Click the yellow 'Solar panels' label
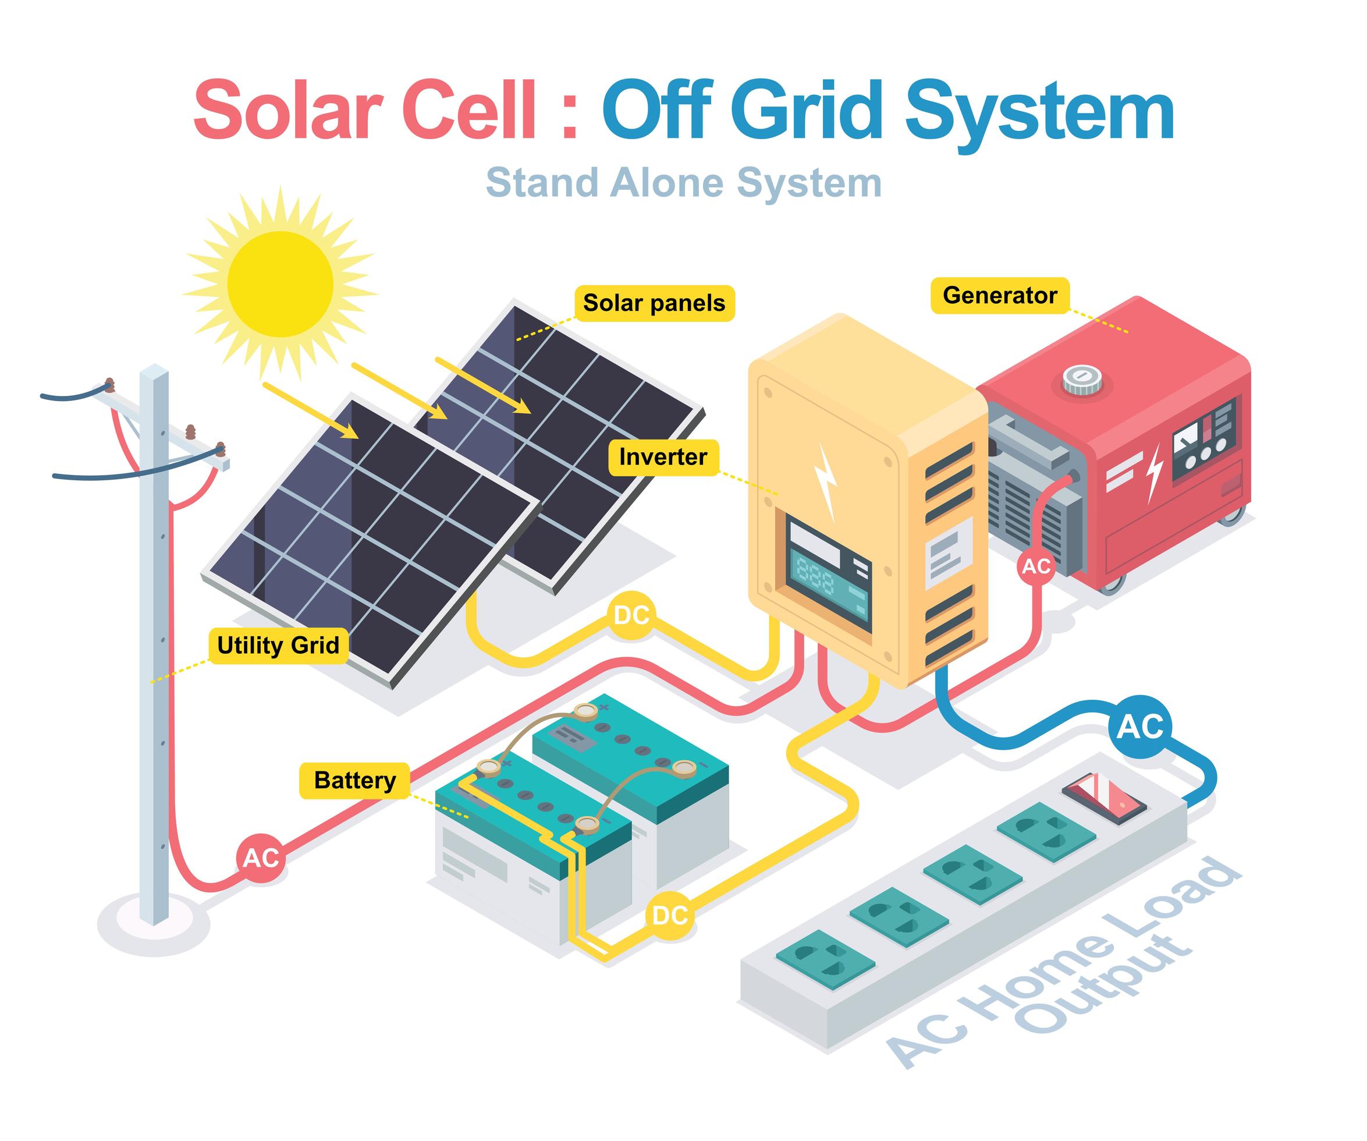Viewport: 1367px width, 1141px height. [654, 303]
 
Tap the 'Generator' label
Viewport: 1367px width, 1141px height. [1000, 296]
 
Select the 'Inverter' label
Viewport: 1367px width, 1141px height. [663, 457]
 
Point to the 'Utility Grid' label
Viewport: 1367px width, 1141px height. [278, 646]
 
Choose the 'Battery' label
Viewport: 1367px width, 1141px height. [355, 780]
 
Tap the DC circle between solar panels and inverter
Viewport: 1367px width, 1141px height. [631, 615]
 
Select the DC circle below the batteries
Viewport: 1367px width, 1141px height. [670, 916]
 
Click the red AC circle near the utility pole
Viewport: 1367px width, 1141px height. [261, 858]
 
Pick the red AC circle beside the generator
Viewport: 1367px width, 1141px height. [1036, 566]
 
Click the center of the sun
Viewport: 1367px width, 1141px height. [280, 284]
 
